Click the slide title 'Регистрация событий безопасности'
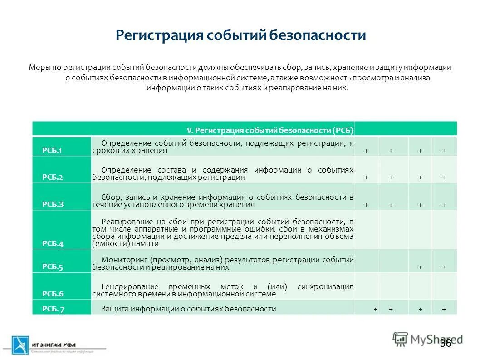click(x=240, y=35)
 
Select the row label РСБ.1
click(x=52, y=151)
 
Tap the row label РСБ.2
click(x=52, y=178)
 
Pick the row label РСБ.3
click(x=53, y=204)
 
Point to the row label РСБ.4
click(x=53, y=243)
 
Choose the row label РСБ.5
click(x=53, y=267)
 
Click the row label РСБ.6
click(x=53, y=293)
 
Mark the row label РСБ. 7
click(x=53, y=309)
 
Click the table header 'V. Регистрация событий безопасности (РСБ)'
click(x=270, y=130)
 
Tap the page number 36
click(x=445, y=343)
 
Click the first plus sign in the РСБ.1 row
click(x=367, y=151)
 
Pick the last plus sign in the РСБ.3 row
click(x=444, y=205)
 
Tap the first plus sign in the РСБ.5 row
click(x=421, y=267)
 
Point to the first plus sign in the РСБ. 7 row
click(x=375, y=309)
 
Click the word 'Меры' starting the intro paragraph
click(x=39, y=67)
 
